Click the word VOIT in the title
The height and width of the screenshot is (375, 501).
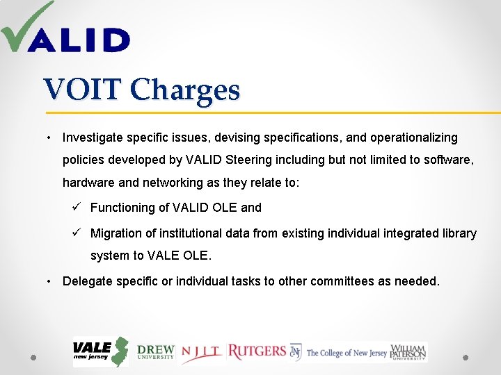click(x=83, y=90)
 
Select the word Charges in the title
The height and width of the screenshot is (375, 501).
click(x=185, y=91)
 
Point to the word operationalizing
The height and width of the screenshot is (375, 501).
click(x=414, y=137)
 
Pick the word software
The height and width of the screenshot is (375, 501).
click(x=450, y=159)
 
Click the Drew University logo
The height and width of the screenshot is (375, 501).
click(x=156, y=352)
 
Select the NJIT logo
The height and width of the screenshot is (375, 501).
click(x=202, y=353)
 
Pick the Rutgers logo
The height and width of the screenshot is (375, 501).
click(x=257, y=351)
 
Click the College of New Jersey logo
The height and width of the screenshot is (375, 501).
click(x=339, y=352)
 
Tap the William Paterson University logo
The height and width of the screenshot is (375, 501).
click(x=408, y=351)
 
